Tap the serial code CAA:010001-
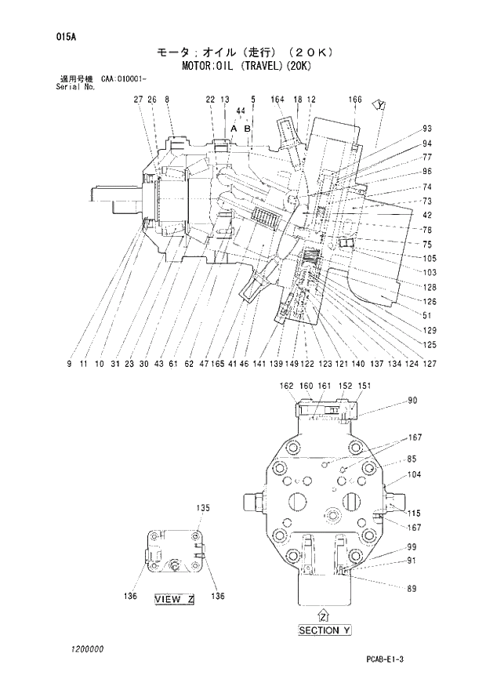pyautogui.click(x=128, y=79)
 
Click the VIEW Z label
pyautogui.click(x=173, y=599)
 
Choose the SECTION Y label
pyautogui.click(x=330, y=630)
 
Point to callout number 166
pyautogui.click(x=355, y=100)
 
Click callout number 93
pyautogui.click(x=427, y=128)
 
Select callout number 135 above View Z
pyautogui.click(x=203, y=507)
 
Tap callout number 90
pyautogui.click(x=412, y=401)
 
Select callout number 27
pyautogui.click(x=138, y=100)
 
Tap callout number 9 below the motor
pyautogui.click(x=70, y=364)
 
